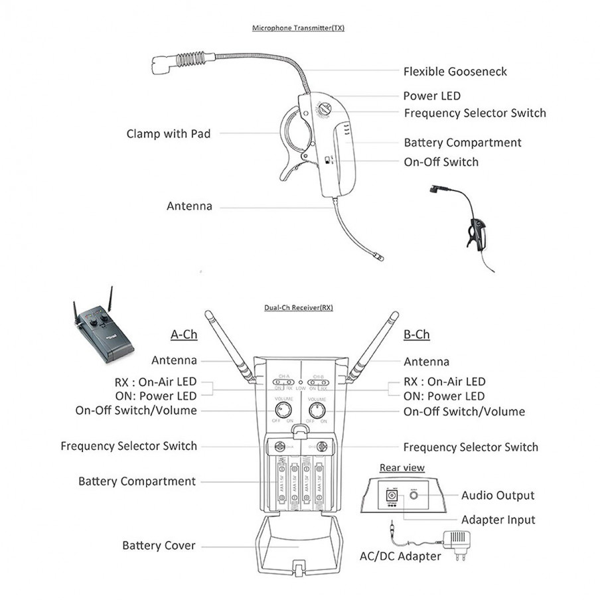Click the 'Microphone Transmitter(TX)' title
click(x=298, y=29)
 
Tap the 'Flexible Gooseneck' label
click(x=455, y=71)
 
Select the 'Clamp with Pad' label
click(x=169, y=134)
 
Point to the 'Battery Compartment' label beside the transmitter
click(x=463, y=143)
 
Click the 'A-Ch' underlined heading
click(x=184, y=335)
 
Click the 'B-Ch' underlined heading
click(x=416, y=335)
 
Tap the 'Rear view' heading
click(x=402, y=468)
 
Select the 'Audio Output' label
click(x=497, y=495)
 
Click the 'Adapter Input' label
click(x=498, y=520)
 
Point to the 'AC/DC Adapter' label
click(x=400, y=556)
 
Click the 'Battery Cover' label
click(x=159, y=546)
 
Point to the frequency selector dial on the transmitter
click(x=325, y=108)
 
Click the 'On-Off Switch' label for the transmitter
click(x=441, y=162)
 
